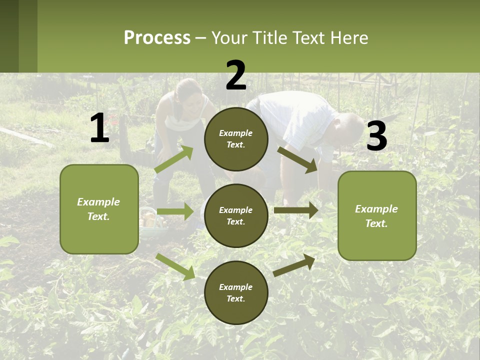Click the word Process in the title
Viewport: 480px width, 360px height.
pyautogui.click(x=157, y=37)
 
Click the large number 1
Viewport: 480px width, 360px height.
pyautogui.click(x=99, y=128)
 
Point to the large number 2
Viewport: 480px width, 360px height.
pyautogui.click(x=236, y=75)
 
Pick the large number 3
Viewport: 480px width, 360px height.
pyautogui.click(x=376, y=136)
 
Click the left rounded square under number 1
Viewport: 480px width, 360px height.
pyautogui.click(x=99, y=209)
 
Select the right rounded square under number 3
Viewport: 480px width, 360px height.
pyautogui.click(x=377, y=215)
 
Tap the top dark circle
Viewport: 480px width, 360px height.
pyautogui.click(x=236, y=139)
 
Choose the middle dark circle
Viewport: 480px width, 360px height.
pyautogui.click(x=236, y=215)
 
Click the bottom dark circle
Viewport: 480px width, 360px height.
pyautogui.click(x=236, y=292)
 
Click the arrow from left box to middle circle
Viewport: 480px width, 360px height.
pyautogui.click(x=175, y=211)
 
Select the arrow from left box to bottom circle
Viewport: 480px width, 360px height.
pyautogui.click(x=175, y=266)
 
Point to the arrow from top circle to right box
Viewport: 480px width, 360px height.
pyautogui.click(x=297, y=159)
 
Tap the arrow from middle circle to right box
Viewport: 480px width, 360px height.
pyautogui.click(x=296, y=211)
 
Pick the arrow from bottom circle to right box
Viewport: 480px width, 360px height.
pyautogui.click(x=294, y=265)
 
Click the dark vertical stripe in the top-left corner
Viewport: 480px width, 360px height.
pyautogui.click(x=9, y=36)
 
